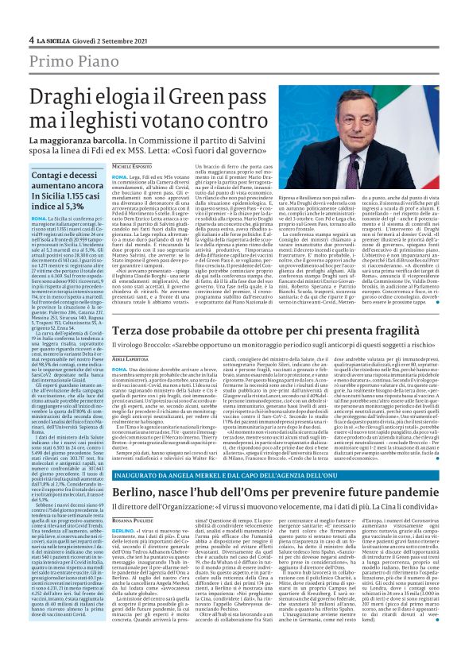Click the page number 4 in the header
click(31, 38)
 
